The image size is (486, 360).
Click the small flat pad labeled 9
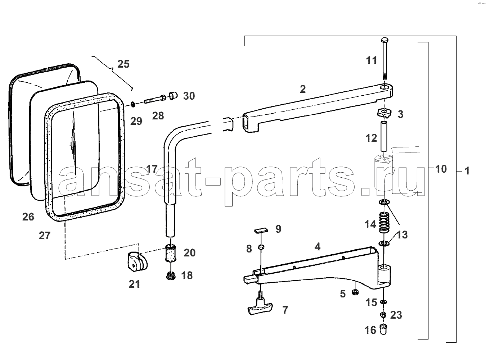point(261,230)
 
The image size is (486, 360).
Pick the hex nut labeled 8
point(261,247)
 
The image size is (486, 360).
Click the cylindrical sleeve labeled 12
point(383,136)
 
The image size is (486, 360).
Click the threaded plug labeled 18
point(171,276)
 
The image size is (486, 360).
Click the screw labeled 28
point(155,99)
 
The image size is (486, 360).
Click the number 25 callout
point(123,64)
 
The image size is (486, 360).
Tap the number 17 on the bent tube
point(152,169)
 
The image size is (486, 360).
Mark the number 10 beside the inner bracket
point(441,169)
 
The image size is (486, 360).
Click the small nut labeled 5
point(355,292)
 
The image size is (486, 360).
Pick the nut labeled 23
point(383,315)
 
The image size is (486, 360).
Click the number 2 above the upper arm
point(303,89)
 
